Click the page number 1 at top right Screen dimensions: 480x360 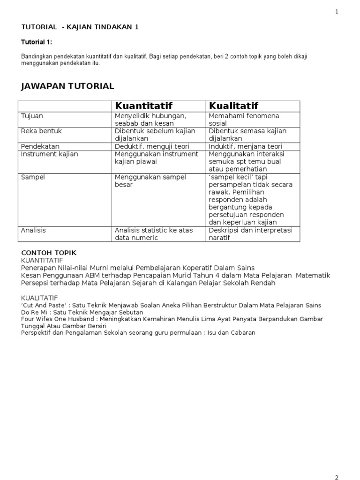pos(337,13)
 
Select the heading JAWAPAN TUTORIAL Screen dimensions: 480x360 pos(67,86)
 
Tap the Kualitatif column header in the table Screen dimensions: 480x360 pos(233,106)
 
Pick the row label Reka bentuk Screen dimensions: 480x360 pos(41,131)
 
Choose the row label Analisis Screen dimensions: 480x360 pos(34,230)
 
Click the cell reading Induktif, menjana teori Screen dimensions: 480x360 pos(245,146)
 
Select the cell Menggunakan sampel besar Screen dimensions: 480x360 pos(150,181)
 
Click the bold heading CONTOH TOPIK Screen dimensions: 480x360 pos(49,253)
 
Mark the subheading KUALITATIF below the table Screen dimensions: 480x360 pos(40,298)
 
